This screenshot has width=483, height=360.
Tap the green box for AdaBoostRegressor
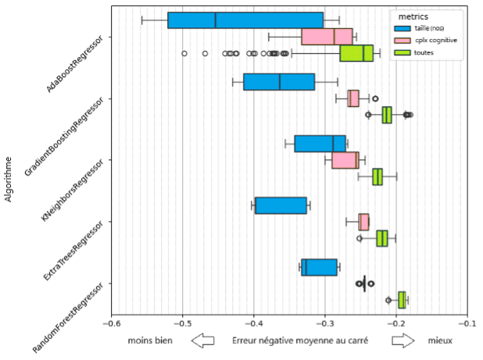356,53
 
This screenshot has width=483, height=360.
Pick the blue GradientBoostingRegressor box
279,82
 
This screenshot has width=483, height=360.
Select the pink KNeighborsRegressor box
345,160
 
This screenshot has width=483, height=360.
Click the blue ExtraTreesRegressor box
281,205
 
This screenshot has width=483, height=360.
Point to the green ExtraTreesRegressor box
382,238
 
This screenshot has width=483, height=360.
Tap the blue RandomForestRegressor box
319,267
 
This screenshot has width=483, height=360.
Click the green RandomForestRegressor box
402,300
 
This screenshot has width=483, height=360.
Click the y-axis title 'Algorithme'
9,179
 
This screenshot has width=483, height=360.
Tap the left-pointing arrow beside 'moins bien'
202,341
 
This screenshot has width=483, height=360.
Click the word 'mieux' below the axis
440,341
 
